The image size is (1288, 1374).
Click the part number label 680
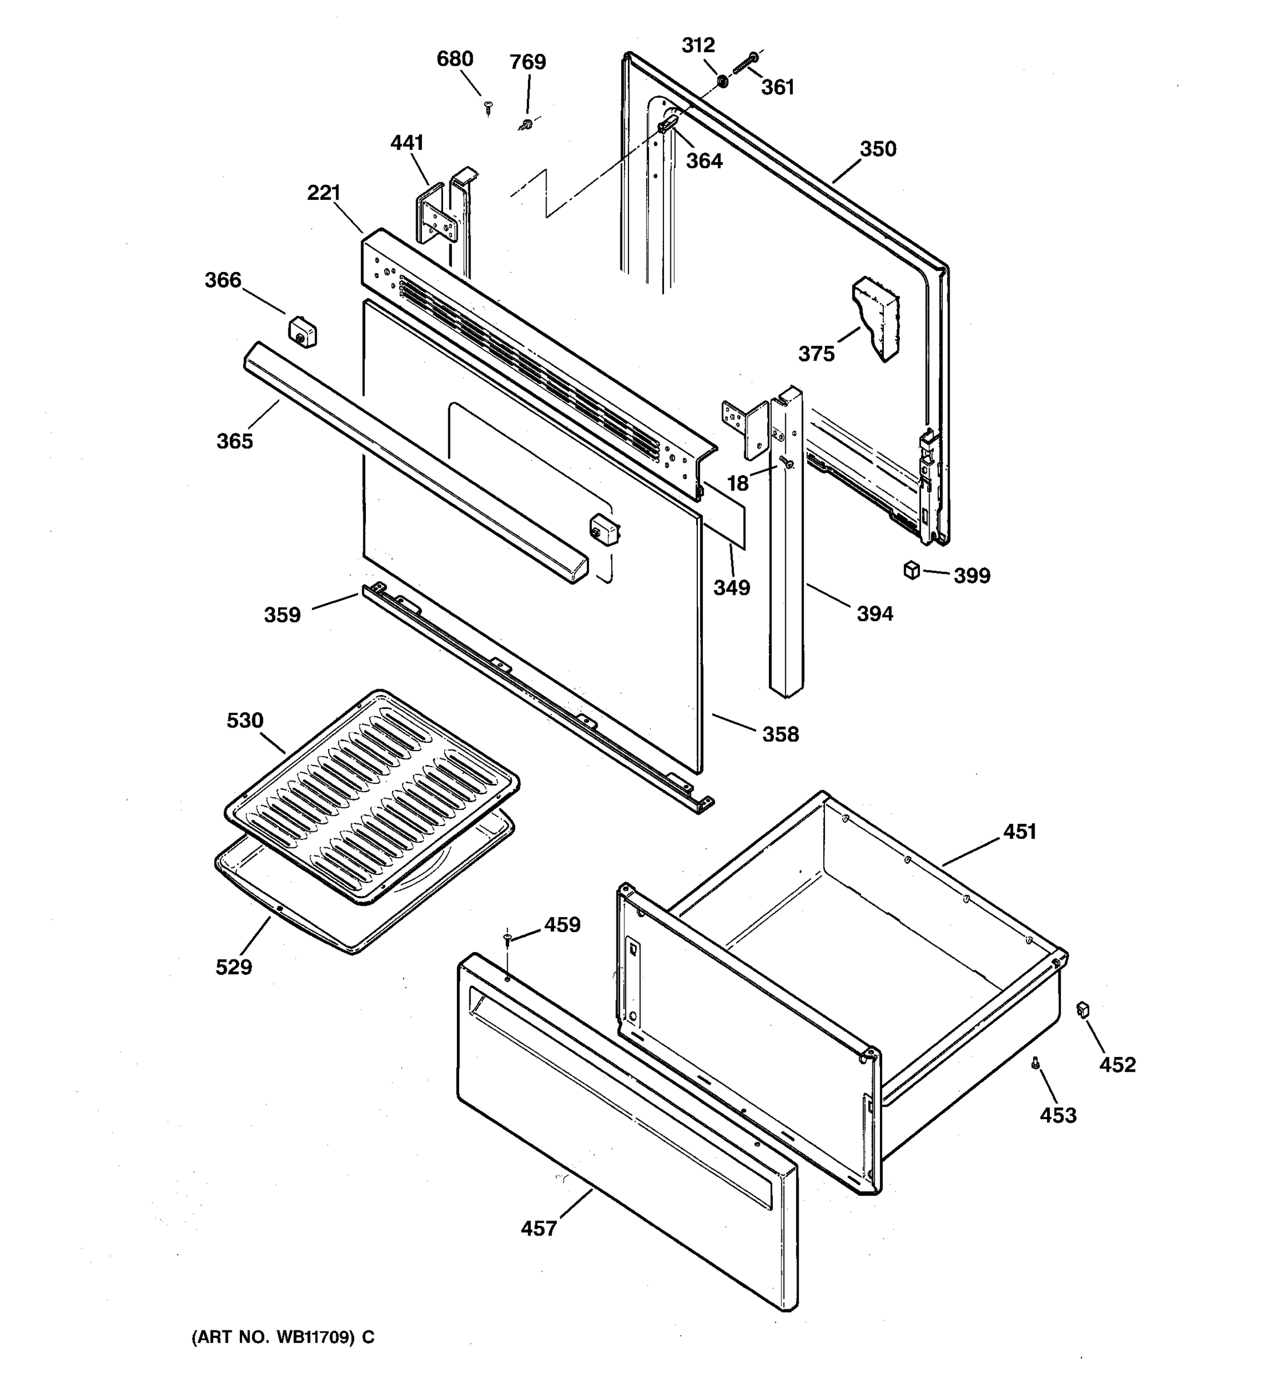(x=454, y=60)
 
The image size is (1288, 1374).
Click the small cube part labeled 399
(x=911, y=570)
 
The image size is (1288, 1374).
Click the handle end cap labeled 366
(x=302, y=331)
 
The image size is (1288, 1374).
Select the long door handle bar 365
(x=414, y=461)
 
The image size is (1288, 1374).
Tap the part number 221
(x=324, y=193)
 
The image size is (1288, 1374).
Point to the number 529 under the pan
(x=234, y=967)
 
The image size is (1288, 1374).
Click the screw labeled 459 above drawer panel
(x=507, y=937)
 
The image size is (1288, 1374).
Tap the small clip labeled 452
(x=1082, y=1010)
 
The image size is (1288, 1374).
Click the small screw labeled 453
(x=1035, y=1064)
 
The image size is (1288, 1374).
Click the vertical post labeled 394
(x=787, y=553)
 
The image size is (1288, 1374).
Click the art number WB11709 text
(x=283, y=1337)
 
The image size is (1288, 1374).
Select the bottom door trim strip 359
(x=532, y=698)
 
